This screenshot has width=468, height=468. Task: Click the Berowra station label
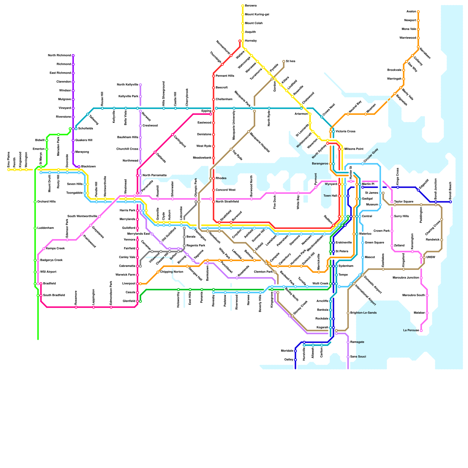(251, 6)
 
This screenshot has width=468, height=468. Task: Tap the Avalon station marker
(418, 12)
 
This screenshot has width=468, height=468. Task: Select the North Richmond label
(59, 56)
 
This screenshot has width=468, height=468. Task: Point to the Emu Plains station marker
(9, 170)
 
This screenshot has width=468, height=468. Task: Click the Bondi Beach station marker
(450, 202)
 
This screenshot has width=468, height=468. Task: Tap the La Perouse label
(411, 331)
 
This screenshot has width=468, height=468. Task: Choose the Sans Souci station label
(358, 357)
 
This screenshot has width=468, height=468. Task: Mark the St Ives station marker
(284, 61)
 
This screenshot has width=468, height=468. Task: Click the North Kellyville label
(128, 85)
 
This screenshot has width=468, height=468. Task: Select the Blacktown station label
(88, 167)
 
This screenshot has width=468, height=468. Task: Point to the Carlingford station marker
(173, 135)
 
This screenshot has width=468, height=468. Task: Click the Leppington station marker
(94, 307)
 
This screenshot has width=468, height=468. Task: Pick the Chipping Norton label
(172, 272)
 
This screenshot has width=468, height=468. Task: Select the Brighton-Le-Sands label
(363, 313)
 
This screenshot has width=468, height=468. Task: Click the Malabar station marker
(427, 313)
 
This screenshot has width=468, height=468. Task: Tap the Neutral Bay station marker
(348, 114)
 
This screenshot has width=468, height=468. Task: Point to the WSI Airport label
(48, 272)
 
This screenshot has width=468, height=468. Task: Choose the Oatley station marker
(295, 360)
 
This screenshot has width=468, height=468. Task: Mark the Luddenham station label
(46, 228)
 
